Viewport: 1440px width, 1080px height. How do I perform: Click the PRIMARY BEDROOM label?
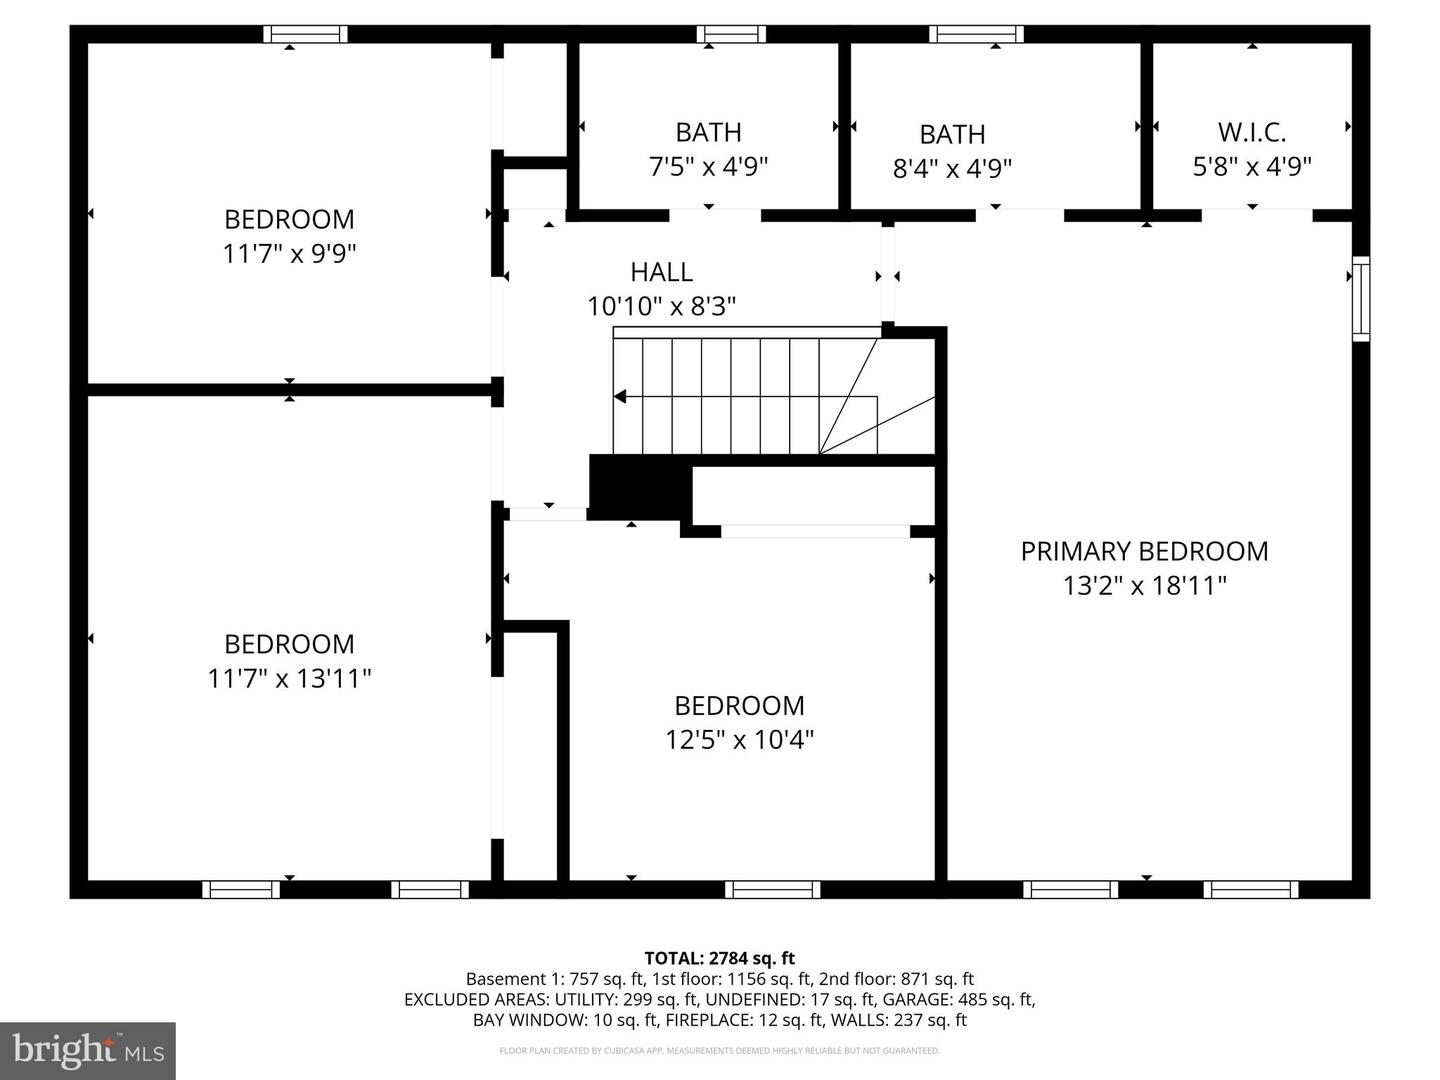pos(1144,551)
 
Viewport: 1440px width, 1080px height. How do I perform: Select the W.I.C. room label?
pos(1252,132)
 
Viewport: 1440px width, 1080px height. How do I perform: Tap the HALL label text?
pos(661,272)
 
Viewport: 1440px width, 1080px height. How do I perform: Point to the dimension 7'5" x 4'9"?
pos(708,166)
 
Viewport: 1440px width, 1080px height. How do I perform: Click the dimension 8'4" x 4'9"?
pos(952,168)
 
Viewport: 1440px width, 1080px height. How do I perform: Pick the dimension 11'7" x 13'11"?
pos(289,679)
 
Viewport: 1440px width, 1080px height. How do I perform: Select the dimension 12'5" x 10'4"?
pos(739,740)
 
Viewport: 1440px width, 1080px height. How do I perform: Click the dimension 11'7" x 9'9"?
pos(289,254)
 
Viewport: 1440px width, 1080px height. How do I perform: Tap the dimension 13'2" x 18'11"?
pos(1144,585)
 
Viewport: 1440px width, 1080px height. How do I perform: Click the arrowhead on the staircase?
pos(620,397)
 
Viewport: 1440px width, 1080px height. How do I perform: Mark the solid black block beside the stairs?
pos(640,486)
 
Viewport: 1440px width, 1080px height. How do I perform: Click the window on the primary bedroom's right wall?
pos(1361,298)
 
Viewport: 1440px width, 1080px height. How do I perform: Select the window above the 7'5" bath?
pos(731,34)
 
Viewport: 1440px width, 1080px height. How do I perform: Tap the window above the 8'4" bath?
pos(976,34)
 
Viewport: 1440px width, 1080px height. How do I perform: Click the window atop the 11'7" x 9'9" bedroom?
pos(306,34)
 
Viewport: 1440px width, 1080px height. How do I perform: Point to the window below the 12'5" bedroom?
pos(772,889)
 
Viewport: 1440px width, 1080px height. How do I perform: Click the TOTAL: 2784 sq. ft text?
pos(719,958)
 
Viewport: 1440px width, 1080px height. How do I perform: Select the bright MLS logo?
pos(88,1050)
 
